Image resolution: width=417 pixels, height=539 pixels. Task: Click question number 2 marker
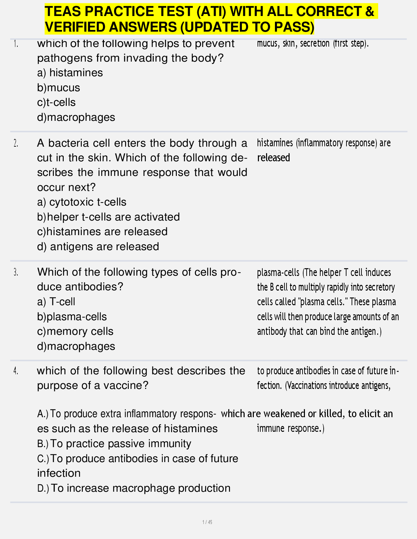pos(16,143)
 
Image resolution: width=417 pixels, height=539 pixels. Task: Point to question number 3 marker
pos(16,272)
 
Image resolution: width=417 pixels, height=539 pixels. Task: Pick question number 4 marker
pos(16,371)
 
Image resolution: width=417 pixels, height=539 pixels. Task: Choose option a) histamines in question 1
pos(70,73)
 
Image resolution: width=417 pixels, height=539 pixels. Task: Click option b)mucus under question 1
pos(59,88)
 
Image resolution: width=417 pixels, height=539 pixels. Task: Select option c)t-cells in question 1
pos(56,102)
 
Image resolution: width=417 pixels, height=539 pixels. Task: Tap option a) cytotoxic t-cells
pos(82,202)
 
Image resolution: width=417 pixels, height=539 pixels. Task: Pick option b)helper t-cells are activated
pos(108,217)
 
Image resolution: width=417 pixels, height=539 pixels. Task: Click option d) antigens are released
pos(98,246)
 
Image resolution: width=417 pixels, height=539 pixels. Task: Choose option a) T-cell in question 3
pos(56,302)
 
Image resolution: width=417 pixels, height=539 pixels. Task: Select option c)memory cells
pos(75,331)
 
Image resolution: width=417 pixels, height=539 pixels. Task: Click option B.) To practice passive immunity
pos(114,444)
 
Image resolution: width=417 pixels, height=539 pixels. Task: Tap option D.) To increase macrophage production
pos(134,488)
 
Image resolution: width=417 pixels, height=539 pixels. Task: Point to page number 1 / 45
pos(207,522)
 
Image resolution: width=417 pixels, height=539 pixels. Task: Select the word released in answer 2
pos(274,158)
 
